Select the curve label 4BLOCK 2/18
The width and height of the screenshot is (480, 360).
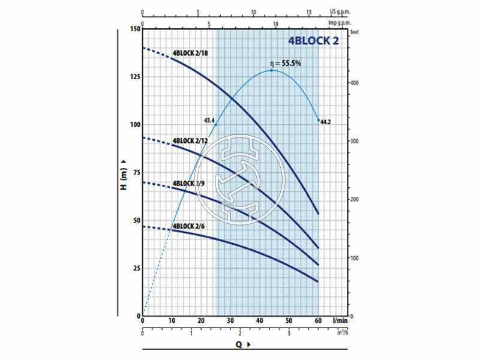(x=190, y=53)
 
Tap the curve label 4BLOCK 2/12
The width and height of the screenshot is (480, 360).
(x=190, y=141)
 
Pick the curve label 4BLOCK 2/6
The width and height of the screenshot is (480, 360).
(x=189, y=226)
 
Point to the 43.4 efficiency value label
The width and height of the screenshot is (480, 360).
(x=209, y=121)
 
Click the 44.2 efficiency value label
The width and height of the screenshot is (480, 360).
(x=326, y=122)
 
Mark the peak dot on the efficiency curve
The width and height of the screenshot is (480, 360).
(x=272, y=70)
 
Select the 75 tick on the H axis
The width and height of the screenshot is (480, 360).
(x=135, y=172)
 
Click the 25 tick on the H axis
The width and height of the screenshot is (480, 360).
(x=135, y=268)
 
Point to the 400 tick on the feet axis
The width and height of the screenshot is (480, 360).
(x=355, y=83)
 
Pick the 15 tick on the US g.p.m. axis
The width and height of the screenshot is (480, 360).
(x=309, y=11)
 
